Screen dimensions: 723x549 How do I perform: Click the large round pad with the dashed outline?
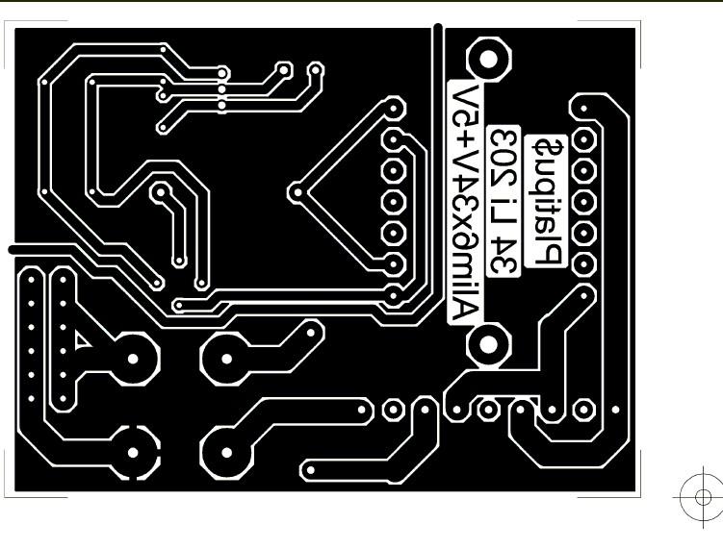[x=134, y=448]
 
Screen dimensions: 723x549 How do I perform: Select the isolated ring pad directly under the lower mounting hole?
[x=488, y=410]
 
